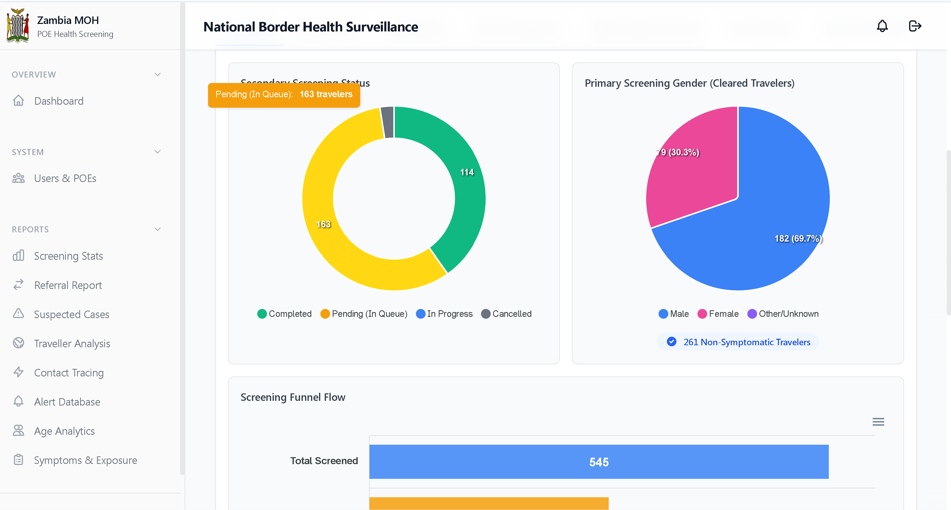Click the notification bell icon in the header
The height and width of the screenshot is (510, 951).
882,26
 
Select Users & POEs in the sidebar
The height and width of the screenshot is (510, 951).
65,178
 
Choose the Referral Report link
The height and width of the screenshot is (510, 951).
68,285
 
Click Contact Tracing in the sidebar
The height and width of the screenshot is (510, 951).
69,372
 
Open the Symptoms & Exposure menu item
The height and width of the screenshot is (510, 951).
85,460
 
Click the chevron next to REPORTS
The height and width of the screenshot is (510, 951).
158,229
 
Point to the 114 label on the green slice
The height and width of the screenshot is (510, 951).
467,172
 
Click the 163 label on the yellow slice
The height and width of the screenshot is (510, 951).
323,224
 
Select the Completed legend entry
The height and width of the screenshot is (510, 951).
285,314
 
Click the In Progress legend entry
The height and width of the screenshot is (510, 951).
444,314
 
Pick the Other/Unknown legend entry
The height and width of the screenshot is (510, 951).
783,314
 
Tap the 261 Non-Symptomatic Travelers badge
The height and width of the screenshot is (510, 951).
738,342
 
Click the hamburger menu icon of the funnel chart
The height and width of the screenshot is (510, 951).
878,422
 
